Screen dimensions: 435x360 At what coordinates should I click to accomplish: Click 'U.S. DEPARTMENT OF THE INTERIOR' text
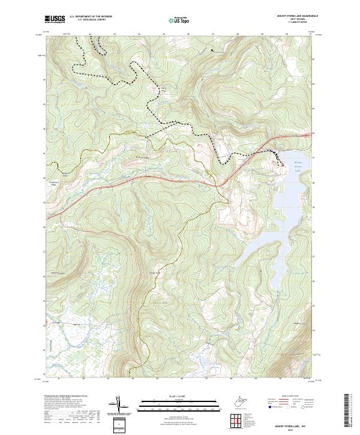pyautogui.click(x=90, y=17)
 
